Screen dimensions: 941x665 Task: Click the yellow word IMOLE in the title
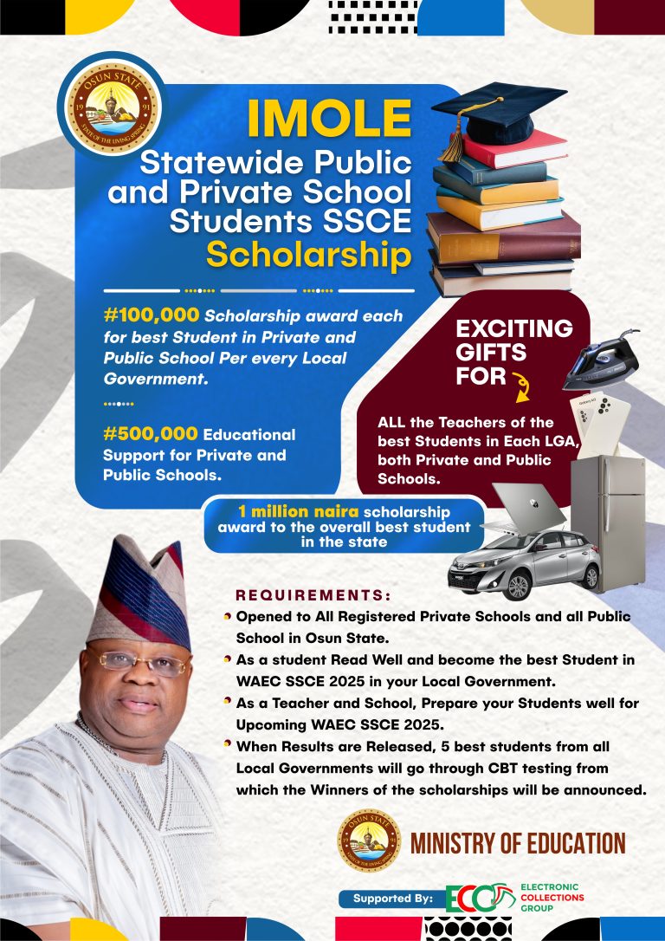329,120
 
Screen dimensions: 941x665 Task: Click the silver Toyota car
525,564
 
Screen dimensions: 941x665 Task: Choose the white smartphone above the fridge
595,425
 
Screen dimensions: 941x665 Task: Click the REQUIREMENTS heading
313,596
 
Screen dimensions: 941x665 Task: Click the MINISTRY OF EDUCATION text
518,843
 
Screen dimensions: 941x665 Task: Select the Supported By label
392,899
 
